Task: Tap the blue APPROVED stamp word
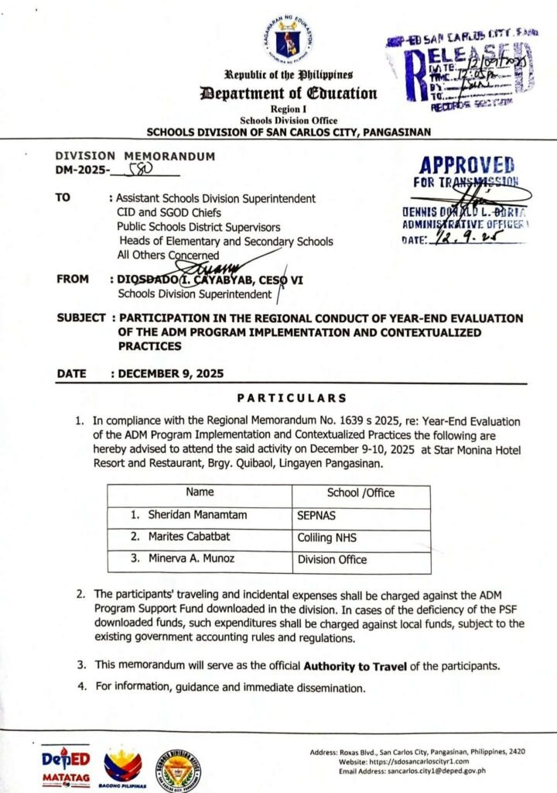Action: pos(466,166)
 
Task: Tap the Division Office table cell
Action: pos(332,559)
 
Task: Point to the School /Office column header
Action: pos(360,493)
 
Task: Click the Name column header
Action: pos(200,493)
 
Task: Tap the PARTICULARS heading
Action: pos(292,399)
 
